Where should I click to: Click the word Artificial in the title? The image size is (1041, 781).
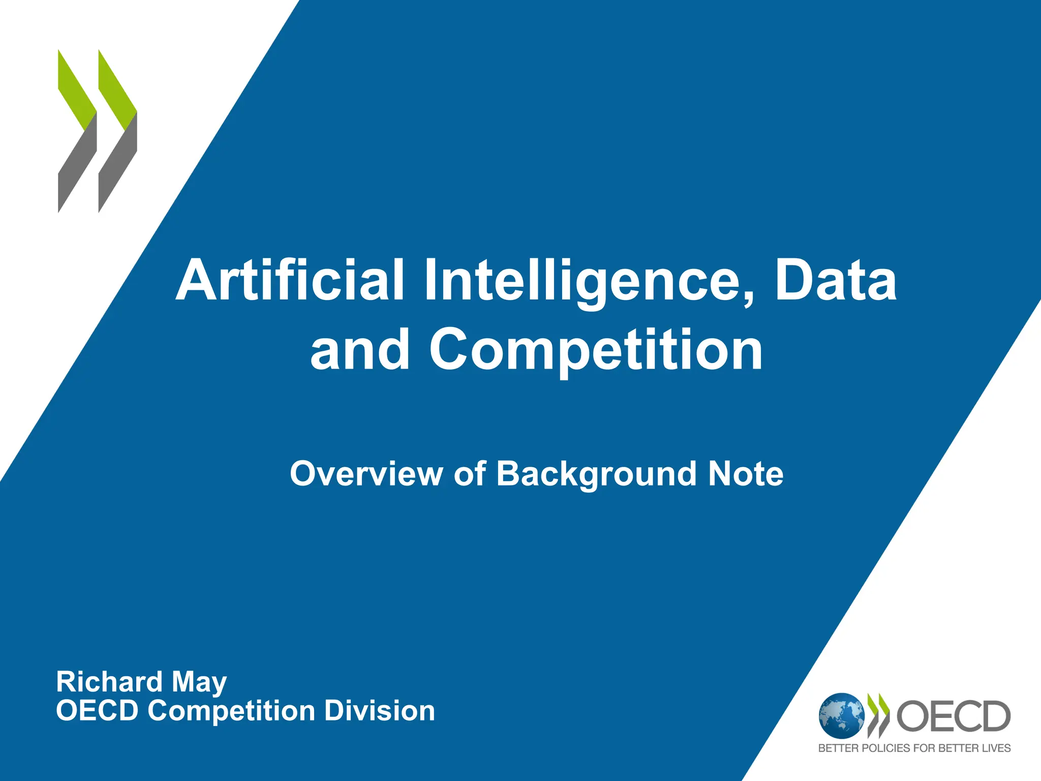click(290, 280)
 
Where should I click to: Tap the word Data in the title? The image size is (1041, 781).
click(836, 280)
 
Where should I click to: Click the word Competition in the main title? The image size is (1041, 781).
click(596, 350)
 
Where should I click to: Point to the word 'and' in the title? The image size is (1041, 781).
click(360, 350)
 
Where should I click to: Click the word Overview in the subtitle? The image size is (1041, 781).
click(366, 474)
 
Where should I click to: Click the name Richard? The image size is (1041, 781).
click(109, 682)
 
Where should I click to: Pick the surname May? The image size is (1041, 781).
click(199, 683)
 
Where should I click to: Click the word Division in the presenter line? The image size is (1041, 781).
click(379, 711)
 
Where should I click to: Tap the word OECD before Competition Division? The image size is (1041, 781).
click(97, 711)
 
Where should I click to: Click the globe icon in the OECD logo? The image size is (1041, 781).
click(842, 716)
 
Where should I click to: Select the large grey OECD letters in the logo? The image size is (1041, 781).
click(954, 716)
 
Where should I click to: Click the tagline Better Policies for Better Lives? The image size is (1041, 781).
click(914, 748)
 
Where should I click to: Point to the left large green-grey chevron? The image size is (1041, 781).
click(77, 131)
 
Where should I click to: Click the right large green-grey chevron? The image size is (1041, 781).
click(117, 131)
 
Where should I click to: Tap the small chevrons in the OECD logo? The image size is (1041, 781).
click(879, 716)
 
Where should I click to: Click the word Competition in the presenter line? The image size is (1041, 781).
click(231, 711)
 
